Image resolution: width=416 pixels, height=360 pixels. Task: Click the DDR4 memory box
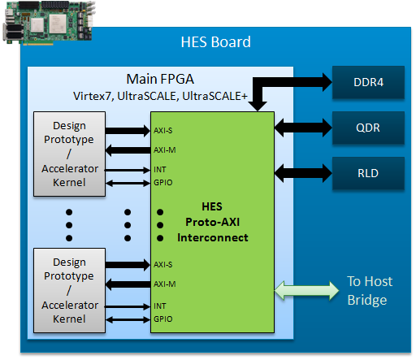pos(368,82)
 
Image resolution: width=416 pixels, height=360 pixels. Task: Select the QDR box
pos(368,128)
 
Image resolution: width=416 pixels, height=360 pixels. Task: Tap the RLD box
pos(368,173)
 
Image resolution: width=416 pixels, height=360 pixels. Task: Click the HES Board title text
pos(215,42)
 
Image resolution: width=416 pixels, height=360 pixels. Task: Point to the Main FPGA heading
pos(160,79)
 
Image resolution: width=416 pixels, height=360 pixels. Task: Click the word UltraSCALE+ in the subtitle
pos(214,96)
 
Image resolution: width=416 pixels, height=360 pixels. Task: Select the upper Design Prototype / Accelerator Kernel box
pos(69,154)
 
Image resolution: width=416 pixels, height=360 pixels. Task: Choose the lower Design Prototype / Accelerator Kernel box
pos(69,290)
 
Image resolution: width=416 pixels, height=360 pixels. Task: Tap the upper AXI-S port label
pos(163,131)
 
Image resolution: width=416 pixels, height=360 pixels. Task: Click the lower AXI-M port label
pos(165,284)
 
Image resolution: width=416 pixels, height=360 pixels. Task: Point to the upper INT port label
pos(160,170)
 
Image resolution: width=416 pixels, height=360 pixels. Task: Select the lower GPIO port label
pos(163,319)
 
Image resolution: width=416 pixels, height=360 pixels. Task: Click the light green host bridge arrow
pos(306,291)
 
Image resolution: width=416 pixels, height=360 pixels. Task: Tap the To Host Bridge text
pos(370,291)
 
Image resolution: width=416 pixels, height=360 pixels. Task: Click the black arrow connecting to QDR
pos(303,128)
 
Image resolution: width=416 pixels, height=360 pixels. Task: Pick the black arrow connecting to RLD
pos(303,173)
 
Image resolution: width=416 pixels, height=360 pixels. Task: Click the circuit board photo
pos(50,23)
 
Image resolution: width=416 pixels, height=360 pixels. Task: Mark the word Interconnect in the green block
pos(213,238)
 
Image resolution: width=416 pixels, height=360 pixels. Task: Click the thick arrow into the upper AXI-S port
pos(128,131)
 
